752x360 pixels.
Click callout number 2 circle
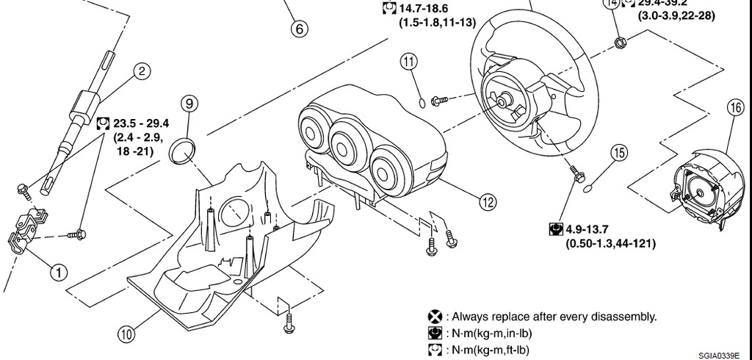(x=141, y=71)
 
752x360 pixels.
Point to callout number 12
(x=485, y=201)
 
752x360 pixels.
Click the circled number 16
(x=735, y=107)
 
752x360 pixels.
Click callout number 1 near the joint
(x=58, y=271)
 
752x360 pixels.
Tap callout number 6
(x=298, y=29)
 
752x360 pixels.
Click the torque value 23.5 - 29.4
(x=141, y=122)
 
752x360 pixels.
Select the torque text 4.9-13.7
(x=593, y=230)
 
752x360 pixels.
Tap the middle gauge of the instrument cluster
(x=346, y=144)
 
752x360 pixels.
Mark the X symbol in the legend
(x=435, y=317)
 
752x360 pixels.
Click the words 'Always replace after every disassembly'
(x=554, y=317)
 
